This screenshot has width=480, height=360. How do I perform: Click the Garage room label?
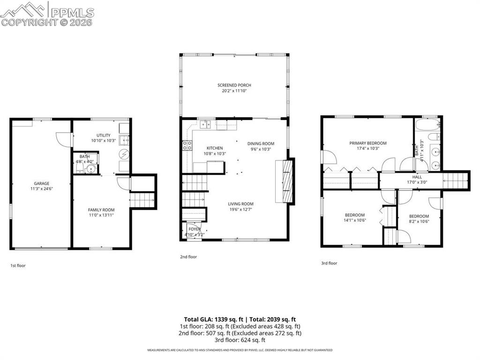(41, 183)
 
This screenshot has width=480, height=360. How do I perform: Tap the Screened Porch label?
(234, 85)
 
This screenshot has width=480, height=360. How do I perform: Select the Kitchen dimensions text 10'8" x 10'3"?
(215, 154)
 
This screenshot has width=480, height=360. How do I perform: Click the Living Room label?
(240, 204)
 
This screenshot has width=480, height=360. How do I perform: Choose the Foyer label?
(195, 229)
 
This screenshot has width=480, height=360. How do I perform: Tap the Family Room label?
(101, 210)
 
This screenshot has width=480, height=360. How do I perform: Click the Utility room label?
(104, 135)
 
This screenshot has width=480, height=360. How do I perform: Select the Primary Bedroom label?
(368, 143)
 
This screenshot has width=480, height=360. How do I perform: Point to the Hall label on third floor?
(417, 177)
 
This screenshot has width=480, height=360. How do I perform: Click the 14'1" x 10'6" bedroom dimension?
(355, 220)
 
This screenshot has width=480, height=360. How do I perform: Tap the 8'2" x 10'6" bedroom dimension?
(419, 222)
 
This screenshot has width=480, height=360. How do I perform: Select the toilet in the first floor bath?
(79, 168)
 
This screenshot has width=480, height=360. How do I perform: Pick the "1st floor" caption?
(18, 265)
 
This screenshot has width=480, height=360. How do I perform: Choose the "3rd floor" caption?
(329, 263)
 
